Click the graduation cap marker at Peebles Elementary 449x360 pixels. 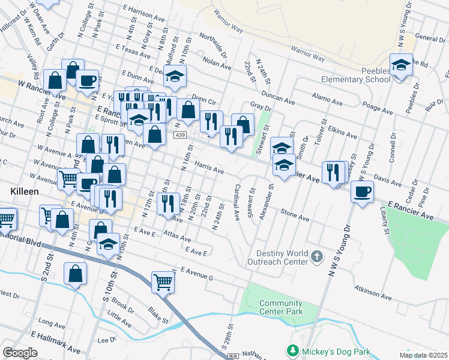pos(401,64)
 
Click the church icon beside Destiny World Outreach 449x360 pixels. pos(317,257)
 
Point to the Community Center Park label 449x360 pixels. pos(281,307)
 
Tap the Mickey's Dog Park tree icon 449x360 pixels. pos(292,350)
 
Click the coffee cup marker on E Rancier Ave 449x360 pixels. pos(362,193)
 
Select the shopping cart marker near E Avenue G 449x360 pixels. pos(163,281)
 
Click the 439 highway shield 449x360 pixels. pos(180,136)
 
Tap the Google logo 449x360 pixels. pos(20,353)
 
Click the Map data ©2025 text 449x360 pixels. pos(423,355)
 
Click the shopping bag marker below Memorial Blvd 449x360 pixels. pos(76,274)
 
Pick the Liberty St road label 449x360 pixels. pos(382,220)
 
